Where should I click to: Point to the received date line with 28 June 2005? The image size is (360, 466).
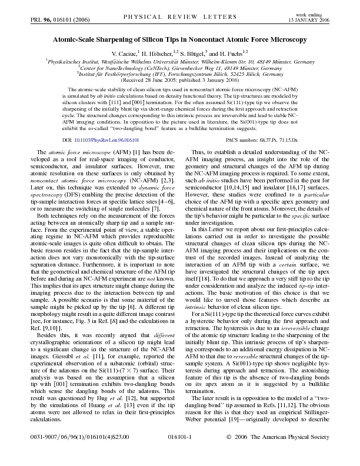[179, 81]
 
